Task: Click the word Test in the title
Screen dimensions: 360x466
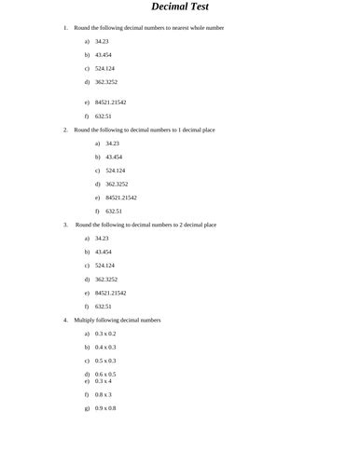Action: point(208,7)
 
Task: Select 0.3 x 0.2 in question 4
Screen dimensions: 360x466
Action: point(105,333)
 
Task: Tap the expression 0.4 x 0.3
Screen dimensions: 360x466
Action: point(105,347)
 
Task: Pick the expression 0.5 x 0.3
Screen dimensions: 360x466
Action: point(105,360)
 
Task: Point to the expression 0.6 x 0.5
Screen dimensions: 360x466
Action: point(105,374)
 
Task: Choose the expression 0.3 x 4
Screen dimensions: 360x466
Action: point(104,380)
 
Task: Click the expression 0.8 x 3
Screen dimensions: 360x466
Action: point(104,394)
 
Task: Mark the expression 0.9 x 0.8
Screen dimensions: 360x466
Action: point(105,408)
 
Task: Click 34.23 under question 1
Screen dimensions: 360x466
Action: point(102,42)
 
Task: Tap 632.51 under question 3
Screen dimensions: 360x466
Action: point(104,306)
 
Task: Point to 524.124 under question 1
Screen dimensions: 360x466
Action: point(104,69)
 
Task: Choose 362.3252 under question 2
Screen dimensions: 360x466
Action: point(118,184)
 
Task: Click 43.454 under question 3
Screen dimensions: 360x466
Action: point(104,252)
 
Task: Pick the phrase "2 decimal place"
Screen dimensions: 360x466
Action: point(196,225)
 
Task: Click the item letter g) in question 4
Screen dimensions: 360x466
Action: point(87,408)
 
